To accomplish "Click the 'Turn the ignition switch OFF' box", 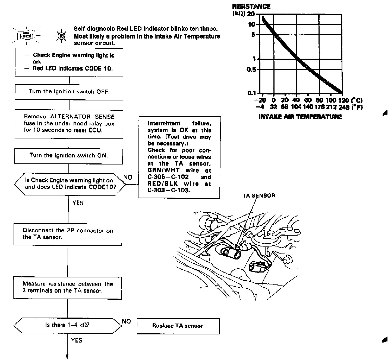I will [69, 92].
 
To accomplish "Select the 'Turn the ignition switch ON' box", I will [68, 156].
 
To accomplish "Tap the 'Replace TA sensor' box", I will [178, 326].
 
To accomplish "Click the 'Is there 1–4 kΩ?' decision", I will [67, 325].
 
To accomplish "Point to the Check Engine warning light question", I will [70, 184].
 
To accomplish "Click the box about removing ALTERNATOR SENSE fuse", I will [69, 124].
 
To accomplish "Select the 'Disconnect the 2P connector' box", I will [68, 234].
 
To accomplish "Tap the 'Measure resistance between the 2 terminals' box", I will [67, 287].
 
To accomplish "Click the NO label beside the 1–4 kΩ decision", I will [127, 321].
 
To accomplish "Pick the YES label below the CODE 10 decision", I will [78, 203].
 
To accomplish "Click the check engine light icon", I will [26, 36].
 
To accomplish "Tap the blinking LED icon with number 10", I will [61, 36].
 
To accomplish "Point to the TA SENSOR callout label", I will [259, 195].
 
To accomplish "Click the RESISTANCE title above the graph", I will [251, 7].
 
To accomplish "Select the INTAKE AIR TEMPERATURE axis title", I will [300, 117].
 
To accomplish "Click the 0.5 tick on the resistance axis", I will [251, 69].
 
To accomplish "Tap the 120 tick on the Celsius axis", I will [343, 100].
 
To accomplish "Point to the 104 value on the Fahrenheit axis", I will [296, 107].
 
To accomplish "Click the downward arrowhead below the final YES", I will [67, 356].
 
